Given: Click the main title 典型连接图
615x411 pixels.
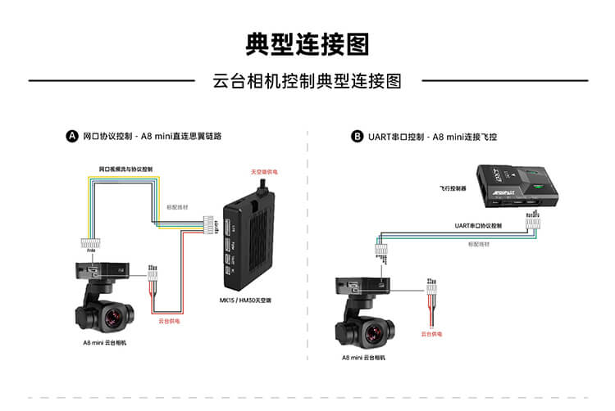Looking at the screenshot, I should point(307,43).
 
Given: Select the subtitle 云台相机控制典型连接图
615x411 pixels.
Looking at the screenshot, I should point(307,81).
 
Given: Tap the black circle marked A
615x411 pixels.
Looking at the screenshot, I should point(72,137).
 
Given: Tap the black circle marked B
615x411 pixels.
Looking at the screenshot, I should point(357,137).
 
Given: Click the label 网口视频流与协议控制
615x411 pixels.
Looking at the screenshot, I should point(125,169).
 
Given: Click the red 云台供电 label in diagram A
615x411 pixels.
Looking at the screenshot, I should point(168,322).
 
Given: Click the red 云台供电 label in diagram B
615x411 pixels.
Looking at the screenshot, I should point(432,334).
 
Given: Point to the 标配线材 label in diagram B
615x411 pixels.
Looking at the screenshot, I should point(479,244).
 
